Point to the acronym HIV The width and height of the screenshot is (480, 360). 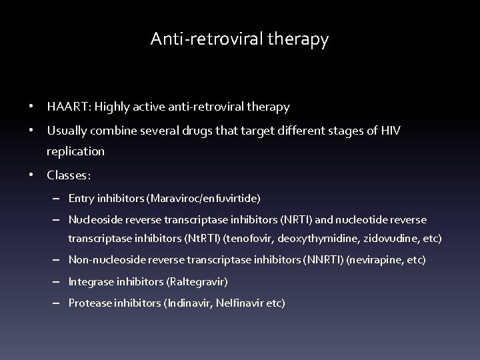point(391,129)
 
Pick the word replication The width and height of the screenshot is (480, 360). point(76,151)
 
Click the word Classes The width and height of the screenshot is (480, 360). point(68,176)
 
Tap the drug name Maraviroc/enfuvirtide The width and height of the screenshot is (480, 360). point(205,199)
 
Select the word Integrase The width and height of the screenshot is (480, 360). point(91,281)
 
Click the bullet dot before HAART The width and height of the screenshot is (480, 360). point(31,107)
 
